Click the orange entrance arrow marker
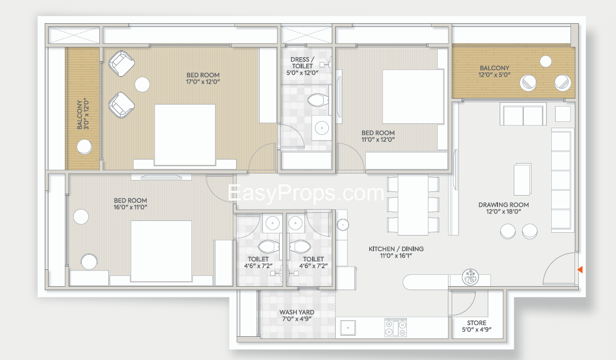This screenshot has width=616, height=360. click(x=580, y=269)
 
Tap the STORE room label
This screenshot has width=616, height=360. click(x=476, y=323)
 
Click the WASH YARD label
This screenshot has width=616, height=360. click(x=296, y=312)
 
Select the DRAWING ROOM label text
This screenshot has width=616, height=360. click(x=503, y=204)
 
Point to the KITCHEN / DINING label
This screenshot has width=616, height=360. click(x=396, y=249)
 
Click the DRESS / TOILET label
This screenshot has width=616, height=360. click(x=302, y=63)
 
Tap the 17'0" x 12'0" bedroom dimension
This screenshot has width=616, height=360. click(x=203, y=82)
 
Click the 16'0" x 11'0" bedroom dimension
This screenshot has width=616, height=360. click(x=130, y=207)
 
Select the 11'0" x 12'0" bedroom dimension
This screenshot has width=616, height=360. click(x=378, y=140)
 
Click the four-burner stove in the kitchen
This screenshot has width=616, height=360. click(x=396, y=328)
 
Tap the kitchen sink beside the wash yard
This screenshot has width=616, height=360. click(x=348, y=328)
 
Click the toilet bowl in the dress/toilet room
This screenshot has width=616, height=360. click(x=317, y=100)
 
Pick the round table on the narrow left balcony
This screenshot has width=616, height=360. click(x=84, y=147)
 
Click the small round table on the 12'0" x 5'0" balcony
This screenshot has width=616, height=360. click(x=545, y=61)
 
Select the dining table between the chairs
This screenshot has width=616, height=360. click(x=412, y=204)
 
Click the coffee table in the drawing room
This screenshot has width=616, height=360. click(x=523, y=179)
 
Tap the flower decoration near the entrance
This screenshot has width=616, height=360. click(x=470, y=276)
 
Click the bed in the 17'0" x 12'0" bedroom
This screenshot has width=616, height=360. click(x=185, y=135)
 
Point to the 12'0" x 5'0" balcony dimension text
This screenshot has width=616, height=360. click(x=494, y=75)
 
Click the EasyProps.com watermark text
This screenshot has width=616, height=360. click(x=306, y=193)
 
